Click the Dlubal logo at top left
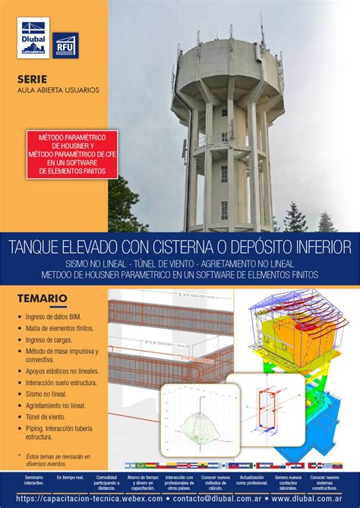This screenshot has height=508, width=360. pos(33,37)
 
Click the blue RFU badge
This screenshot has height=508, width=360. pos(65,44)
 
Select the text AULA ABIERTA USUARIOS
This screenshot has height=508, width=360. pos(58,90)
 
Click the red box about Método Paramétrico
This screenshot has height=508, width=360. pos(62,154)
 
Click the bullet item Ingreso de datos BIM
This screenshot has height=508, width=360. pos(55,317)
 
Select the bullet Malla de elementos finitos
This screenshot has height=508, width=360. pos(60,328)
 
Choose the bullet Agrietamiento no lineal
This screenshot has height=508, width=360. pos(56,406)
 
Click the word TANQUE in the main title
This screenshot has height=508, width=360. pos(36,248)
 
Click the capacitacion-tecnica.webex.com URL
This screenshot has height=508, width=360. pos(90,499)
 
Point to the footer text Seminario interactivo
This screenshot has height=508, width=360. pos(33,480)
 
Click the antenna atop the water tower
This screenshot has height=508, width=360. pos(261,30)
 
